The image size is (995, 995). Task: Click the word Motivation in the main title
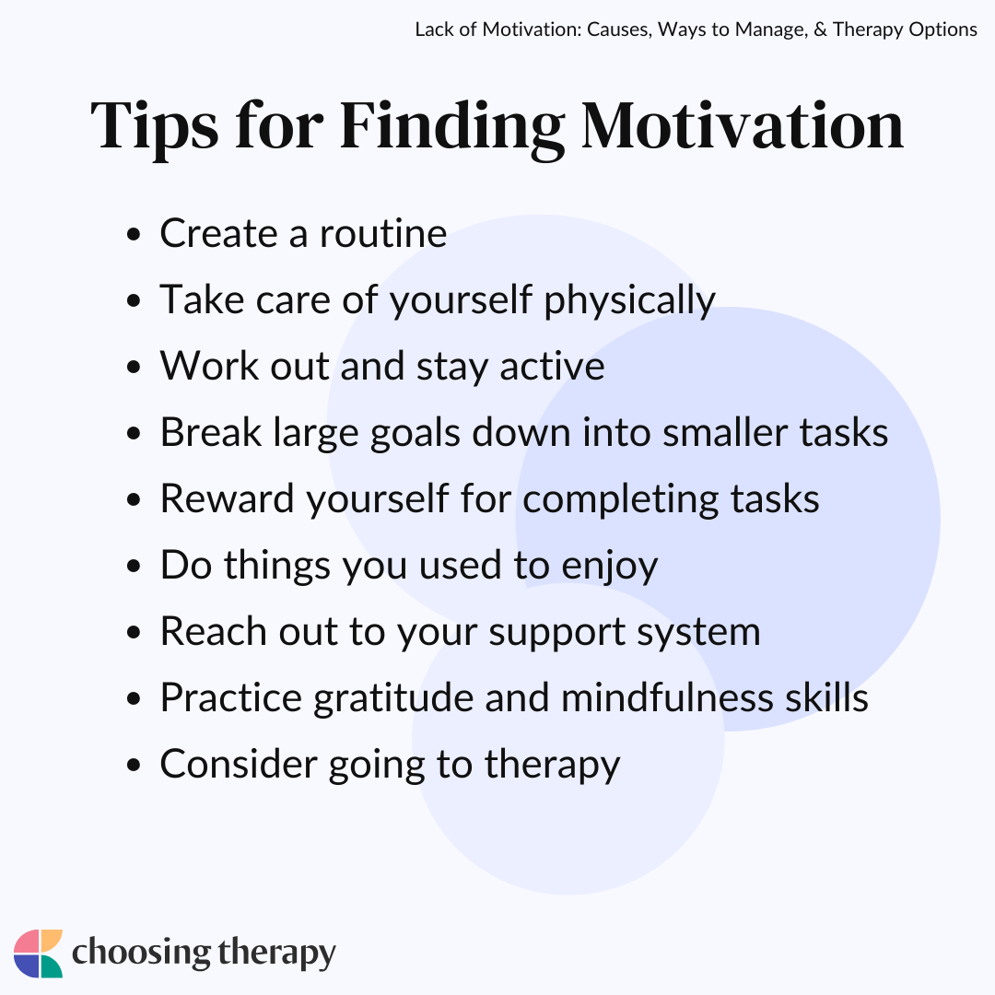[743, 126]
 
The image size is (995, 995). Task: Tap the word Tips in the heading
[154, 130]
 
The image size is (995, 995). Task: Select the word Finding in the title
[451, 130]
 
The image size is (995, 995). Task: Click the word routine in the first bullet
[383, 233]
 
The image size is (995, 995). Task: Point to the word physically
[629, 300]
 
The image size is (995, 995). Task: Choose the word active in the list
[552, 367]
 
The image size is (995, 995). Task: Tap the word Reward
[228, 498]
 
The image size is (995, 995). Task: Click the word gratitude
[393, 699]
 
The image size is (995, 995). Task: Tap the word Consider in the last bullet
[238, 764]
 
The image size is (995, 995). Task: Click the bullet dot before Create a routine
[134, 235]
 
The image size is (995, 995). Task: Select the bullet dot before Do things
[134, 566]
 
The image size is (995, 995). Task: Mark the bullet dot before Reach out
[134, 633]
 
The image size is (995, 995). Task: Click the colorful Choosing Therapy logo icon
[38, 954]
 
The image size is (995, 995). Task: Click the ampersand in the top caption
[820, 29]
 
